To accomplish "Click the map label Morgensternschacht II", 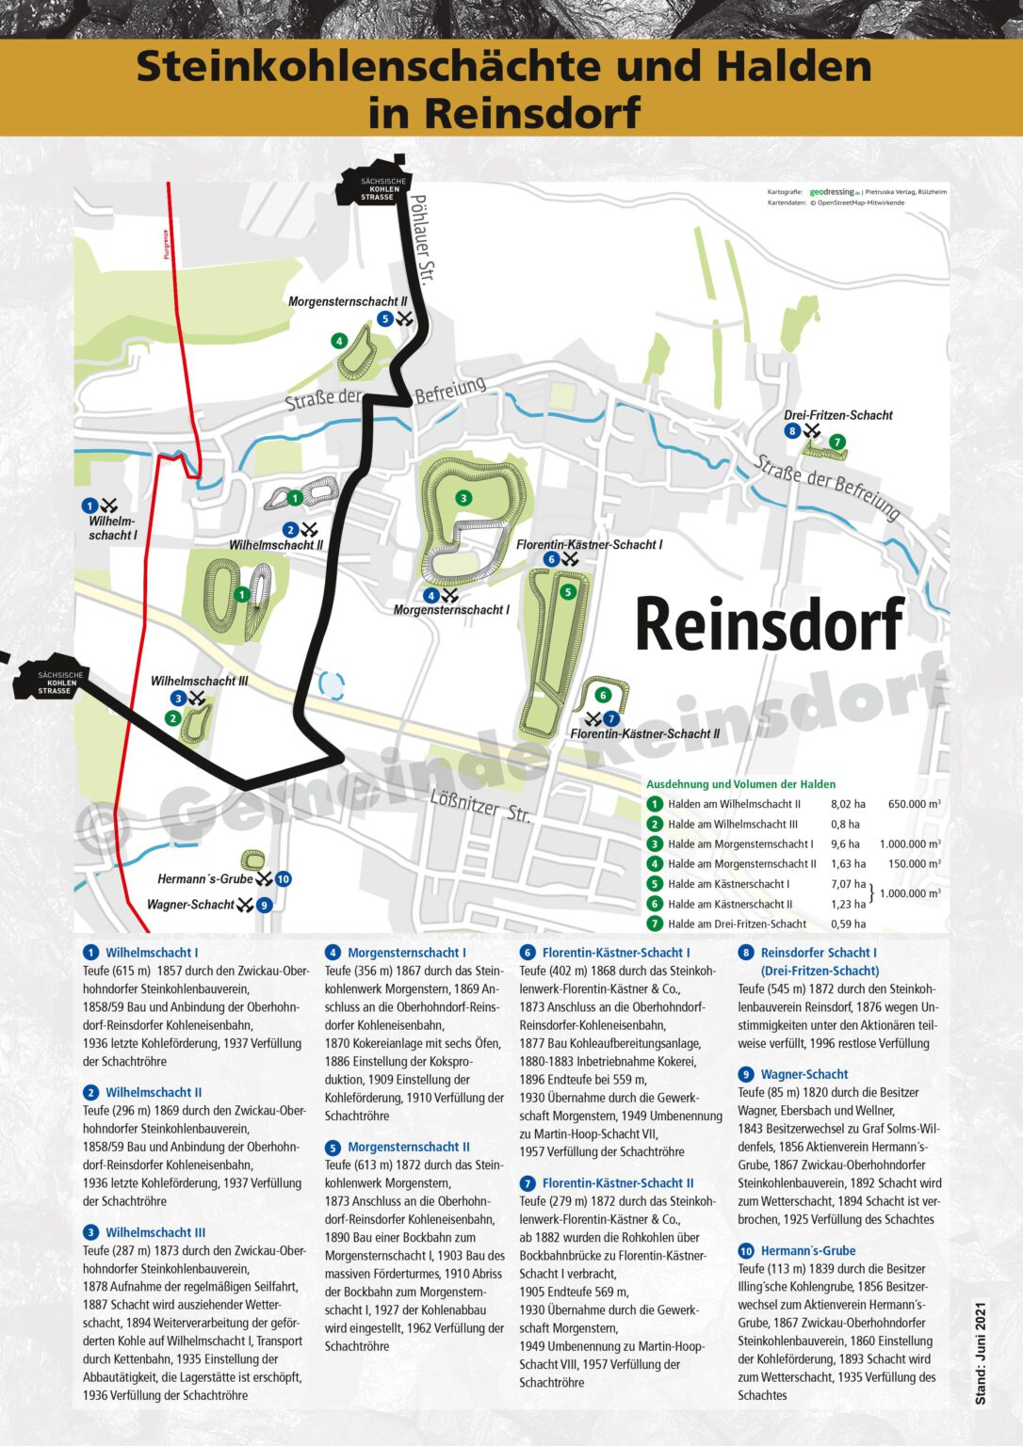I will (x=347, y=302).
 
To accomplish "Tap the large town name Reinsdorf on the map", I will (x=769, y=624).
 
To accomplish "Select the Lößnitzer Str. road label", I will (x=480, y=805).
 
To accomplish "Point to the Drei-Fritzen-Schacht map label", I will (x=837, y=415).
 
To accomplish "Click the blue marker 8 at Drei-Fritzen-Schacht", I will (x=792, y=431).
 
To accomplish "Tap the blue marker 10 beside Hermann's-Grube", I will (x=283, y=879).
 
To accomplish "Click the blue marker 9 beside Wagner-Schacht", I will (x=265, y=905).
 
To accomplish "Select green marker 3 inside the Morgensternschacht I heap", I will (x=463, y=498).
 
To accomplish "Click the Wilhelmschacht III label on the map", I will (x=199, y=681).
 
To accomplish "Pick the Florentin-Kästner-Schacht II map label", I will (x=644, y=734).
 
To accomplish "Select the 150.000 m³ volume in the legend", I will (x=913, y=864).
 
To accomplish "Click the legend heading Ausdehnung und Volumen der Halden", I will (x=740, y=784).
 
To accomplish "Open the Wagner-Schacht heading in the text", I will (x=804, y=1074).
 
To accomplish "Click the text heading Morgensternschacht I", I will (x=406, y=953).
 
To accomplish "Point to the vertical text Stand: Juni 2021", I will (x=981, y=1353).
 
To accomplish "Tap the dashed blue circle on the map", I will (x=332, y=684).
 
